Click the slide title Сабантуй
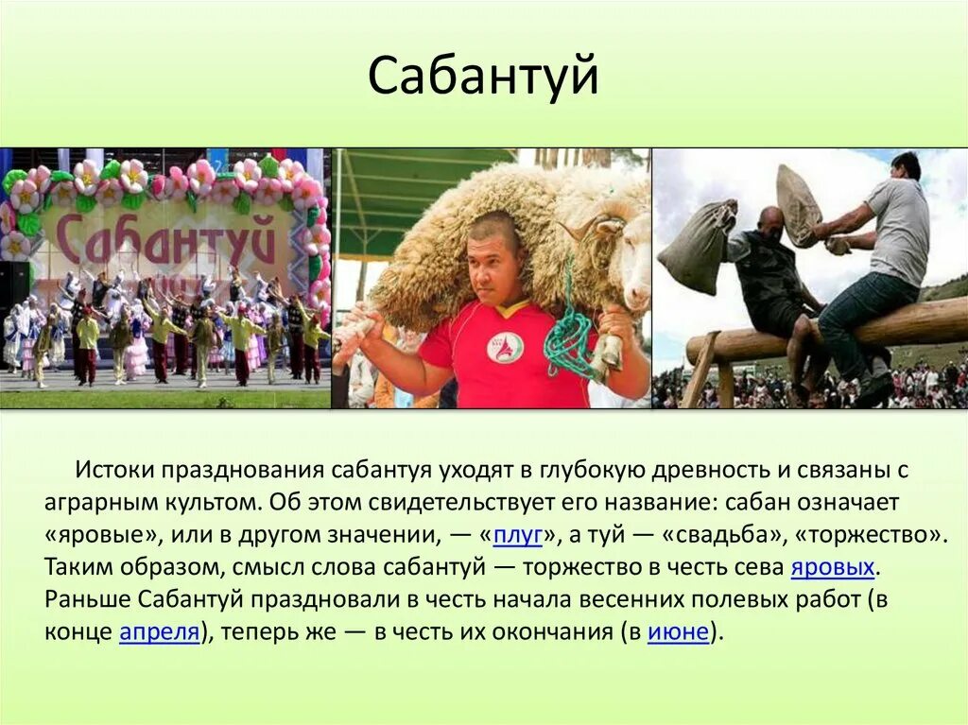(483, 77)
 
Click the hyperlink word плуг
(517, 534)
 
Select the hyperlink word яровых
(832, 567)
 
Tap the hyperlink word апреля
(160, 632)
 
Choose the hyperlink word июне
(678, 632)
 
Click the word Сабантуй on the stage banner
(165, 239)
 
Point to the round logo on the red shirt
(505, 347)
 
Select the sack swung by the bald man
(698, 248)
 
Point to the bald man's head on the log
(771, 222)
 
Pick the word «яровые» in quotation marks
(102, 534)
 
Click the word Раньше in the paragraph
(87, 599)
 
